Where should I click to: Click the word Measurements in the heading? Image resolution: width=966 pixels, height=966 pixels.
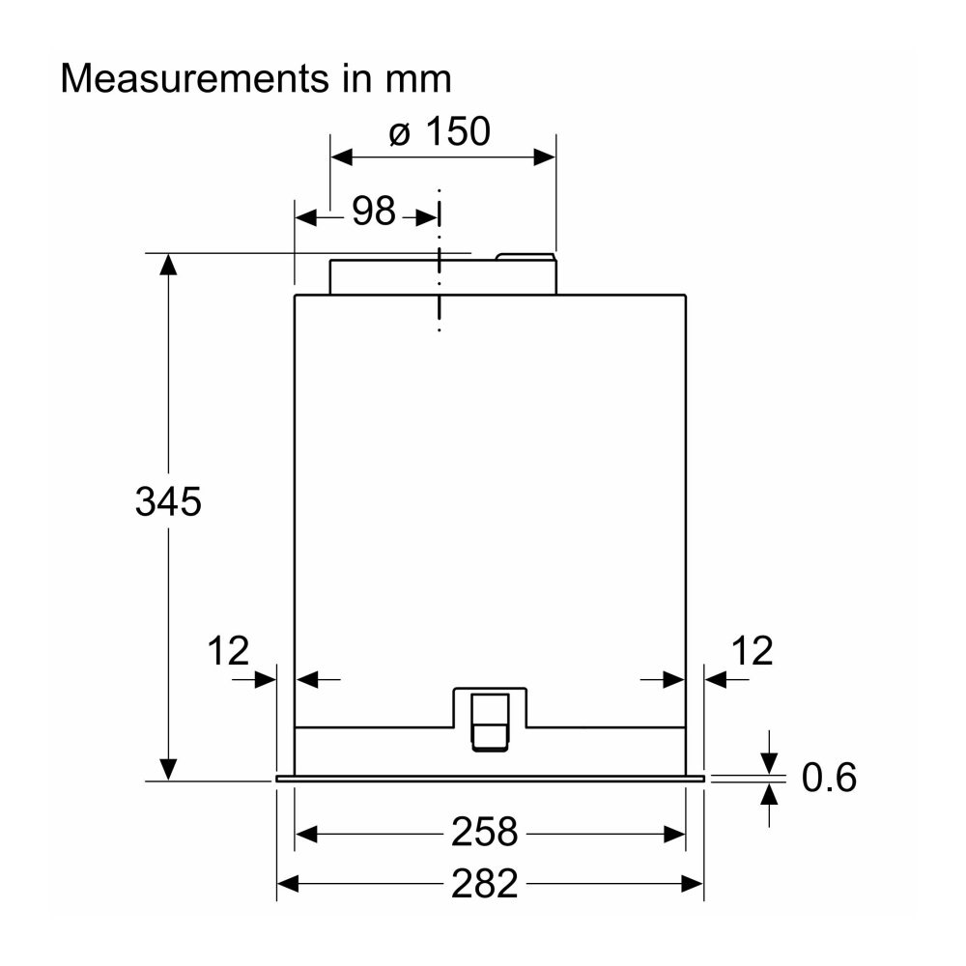(x=195, y=79)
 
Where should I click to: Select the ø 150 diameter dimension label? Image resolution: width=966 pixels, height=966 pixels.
(x=440, y=131)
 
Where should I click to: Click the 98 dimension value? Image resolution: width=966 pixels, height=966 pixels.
(x=373, y=211)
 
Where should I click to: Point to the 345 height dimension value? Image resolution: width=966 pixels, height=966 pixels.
(x=168, y=501)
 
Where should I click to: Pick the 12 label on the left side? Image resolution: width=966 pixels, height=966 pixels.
(x=228, y=650)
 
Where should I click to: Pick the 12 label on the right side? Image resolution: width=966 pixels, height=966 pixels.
(x=752, y=650)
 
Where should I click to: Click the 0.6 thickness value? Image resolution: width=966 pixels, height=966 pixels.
(x=829, y=777)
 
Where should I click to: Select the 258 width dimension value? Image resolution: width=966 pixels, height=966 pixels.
(x=484, y=833)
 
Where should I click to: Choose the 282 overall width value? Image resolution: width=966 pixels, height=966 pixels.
(x=484, y=884)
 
